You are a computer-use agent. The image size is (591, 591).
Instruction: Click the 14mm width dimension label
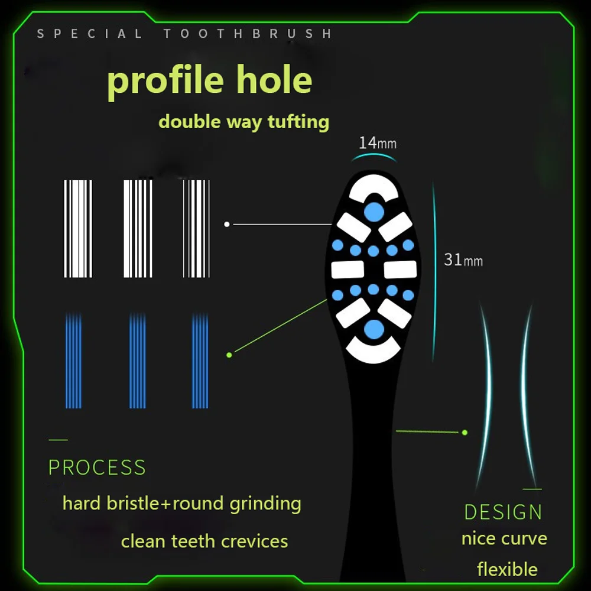point(377,142)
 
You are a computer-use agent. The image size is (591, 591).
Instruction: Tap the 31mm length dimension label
point(463,259)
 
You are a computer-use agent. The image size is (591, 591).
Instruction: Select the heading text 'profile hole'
point(210,80)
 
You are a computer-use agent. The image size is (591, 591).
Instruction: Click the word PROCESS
point(97,467)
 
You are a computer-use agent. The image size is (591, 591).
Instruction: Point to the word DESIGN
point(503,512)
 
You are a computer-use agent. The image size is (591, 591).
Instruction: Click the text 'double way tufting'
point(243,122)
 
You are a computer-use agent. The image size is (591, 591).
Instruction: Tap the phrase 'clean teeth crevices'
point(204,541)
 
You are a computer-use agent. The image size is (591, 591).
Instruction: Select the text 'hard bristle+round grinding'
point(182,504)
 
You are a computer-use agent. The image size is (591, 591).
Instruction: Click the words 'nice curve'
point(504,538)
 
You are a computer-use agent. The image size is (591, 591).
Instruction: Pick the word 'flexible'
point(507,569)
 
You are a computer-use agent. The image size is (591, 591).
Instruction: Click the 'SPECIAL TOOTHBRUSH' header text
point(184,34)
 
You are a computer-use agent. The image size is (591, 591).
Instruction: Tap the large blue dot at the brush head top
point(373,210)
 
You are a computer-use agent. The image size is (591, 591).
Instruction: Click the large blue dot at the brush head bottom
point(373,330)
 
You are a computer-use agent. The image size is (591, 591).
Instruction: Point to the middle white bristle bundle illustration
point(138,229)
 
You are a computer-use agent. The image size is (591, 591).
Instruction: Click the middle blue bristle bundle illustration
point(138,361)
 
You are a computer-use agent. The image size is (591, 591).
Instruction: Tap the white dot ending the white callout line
point(227,224)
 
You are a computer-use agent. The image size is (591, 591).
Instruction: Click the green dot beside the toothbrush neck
point(465,433)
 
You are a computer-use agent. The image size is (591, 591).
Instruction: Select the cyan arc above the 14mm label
point(373,155)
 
